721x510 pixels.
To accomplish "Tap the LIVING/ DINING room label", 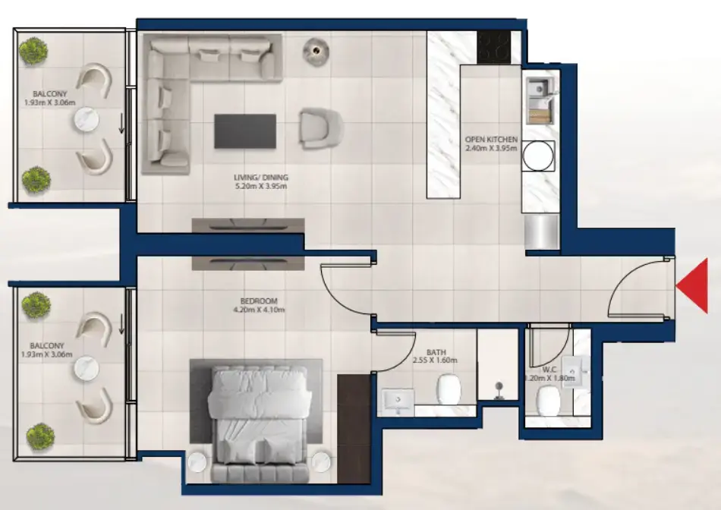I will coord(261,179).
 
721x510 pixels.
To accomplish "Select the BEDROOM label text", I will coord(260,300).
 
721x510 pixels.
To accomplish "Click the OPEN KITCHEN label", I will coord(492,140).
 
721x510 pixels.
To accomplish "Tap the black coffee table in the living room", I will coord(244,131).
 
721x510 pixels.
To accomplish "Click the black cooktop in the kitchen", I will coord(494,47).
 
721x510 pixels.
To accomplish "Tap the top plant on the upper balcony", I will coord(34,52).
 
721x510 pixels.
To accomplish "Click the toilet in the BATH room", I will coord(449,391).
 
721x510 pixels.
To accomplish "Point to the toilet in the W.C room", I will coord(548,401).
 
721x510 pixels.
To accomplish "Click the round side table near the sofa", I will coord(316,50).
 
